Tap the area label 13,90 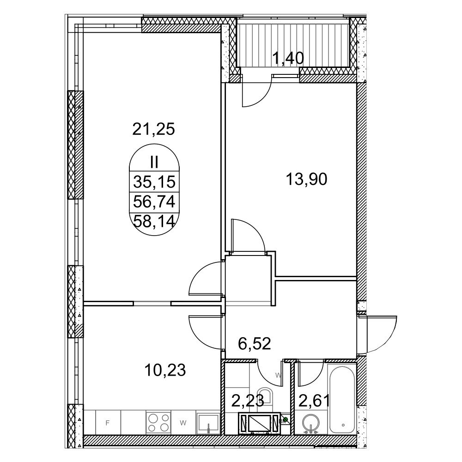[x=307, y=179]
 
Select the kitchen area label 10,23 [x=165, y=370]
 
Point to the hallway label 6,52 [x=254, y=343]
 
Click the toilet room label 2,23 [x=247, y=401]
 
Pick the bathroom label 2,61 [x=314, y=401]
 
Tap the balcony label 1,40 [x=288, y=58]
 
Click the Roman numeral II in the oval [x=154, y=162]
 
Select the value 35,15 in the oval [x=154, y=182]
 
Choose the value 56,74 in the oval [x=154, y=202]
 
